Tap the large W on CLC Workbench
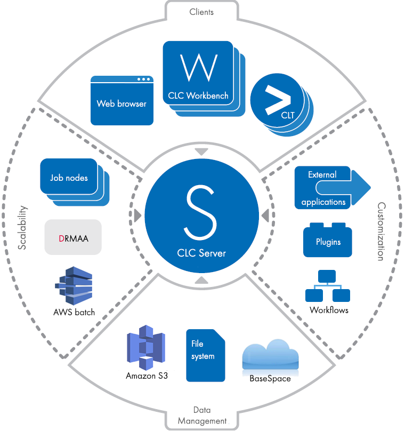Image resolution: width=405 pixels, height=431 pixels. pos(198,67)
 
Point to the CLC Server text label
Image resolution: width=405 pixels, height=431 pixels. pos(201,253)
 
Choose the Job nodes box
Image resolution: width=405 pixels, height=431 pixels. pos(69,178)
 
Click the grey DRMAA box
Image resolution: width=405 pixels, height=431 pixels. pos(73,237)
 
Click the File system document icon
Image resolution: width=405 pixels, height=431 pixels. pos(205,355)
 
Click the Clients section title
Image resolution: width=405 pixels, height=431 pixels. pos(201,11)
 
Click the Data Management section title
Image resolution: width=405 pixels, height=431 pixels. pos(201,416)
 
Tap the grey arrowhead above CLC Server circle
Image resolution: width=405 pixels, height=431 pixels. pos(201,152)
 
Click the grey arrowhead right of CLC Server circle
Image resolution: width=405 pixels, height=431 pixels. pos(264,215)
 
